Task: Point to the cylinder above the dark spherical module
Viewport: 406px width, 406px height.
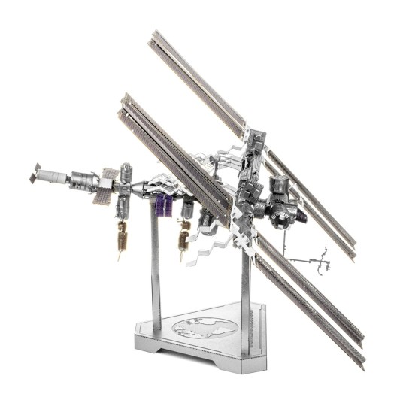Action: point(280,186)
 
